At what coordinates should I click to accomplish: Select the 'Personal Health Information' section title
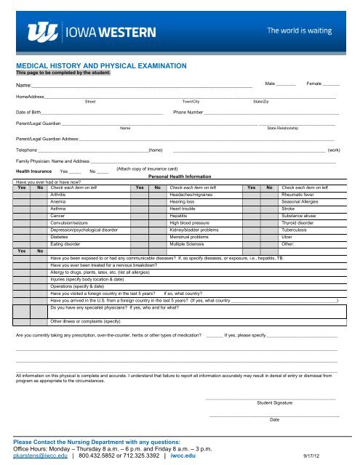tap(177, 177)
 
